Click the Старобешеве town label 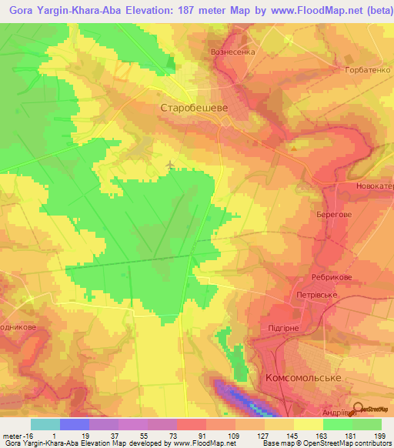(x=193, y=109)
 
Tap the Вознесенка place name (x=232, y=52)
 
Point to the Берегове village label (x=334, y=217)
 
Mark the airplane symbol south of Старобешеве (x=170, y=164)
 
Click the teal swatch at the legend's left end (x=45, y=424)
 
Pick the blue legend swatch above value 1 (x=74, y=424)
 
